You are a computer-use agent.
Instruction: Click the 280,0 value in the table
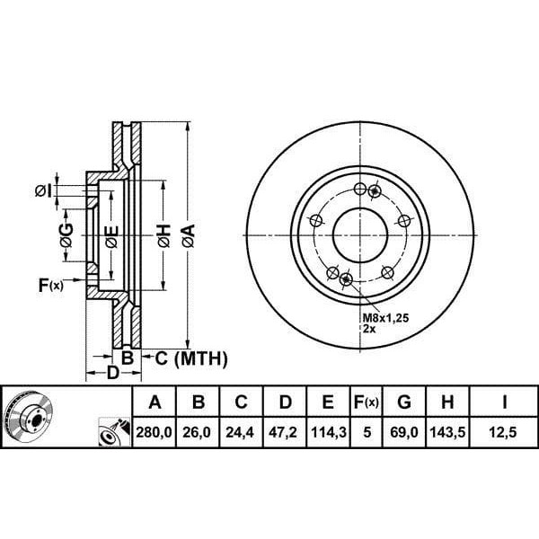click(x=154, y=432)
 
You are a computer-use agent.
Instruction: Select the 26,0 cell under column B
click(x=197, y=432)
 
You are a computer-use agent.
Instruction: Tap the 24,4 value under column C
click(x=240, y=432)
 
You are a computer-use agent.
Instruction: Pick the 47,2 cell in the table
click(x=283, y=432)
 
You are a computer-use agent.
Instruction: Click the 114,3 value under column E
click(x=328, y=432)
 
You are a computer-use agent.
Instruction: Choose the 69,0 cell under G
click(x=404, y=432)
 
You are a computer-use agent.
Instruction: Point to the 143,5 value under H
click(x=447, y=432)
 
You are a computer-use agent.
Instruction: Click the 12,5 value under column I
click(x=503, y=432)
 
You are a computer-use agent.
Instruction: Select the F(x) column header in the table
click(x=367, y=402)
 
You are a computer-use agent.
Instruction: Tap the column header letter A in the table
click(x=155, y=402)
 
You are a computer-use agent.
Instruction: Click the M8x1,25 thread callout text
click(x=386, y=318)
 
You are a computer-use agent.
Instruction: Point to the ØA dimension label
click(x=189, y=235)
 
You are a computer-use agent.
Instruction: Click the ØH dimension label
click(x=164, y=235)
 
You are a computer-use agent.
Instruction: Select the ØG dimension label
click(x=66, y=235)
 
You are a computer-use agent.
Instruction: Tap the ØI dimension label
click(x=44, y=190)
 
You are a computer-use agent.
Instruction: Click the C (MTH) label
click(x=191, y=358)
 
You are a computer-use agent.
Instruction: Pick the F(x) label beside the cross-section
click(x=51, y=286)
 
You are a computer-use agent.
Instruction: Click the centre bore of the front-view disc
click(x=360, y=235)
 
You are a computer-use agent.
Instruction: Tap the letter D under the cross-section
click(x=113, y=373)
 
